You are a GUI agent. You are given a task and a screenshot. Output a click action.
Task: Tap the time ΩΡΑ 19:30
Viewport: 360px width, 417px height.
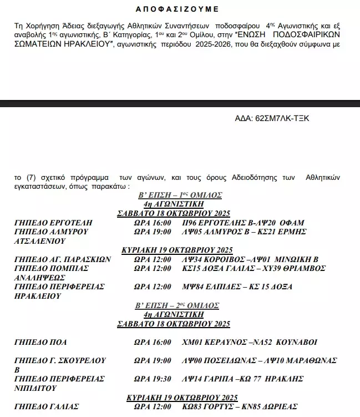coord(153,379)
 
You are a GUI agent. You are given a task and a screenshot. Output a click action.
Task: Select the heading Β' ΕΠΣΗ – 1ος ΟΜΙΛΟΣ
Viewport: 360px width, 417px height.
coord(180,195)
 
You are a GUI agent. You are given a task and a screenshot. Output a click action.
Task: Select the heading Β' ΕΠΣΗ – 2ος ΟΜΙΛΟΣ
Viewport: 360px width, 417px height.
coord(180,306)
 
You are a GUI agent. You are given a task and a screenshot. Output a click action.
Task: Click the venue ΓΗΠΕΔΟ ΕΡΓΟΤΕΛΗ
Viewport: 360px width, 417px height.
coord(53,223)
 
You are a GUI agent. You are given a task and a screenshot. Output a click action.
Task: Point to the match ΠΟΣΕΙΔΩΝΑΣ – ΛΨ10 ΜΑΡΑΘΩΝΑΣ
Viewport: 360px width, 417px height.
coord(259,360)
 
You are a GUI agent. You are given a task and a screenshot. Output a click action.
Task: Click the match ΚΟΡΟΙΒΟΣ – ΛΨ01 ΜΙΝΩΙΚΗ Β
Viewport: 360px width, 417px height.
coord(250,259)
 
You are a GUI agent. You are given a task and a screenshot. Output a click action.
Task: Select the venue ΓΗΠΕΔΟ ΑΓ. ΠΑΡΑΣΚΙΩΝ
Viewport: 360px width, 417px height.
coord(63,259)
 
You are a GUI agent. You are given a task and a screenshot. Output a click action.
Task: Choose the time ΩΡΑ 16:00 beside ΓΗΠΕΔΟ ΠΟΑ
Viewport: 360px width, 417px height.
coord(153,342)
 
